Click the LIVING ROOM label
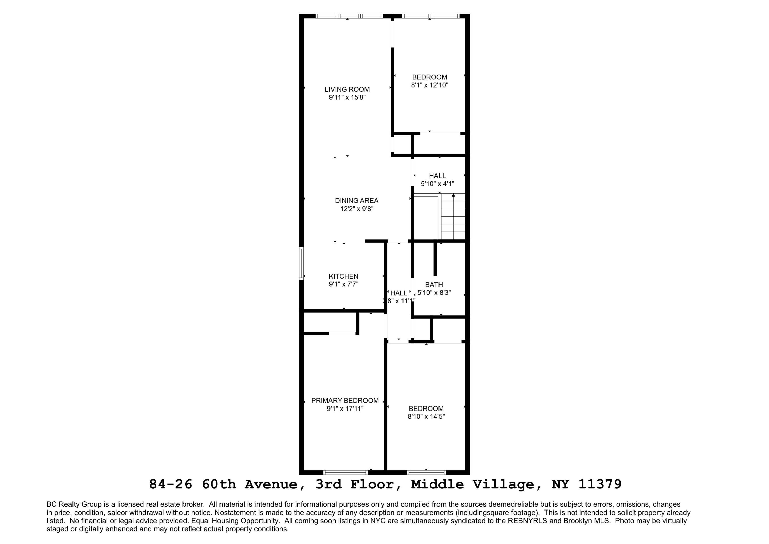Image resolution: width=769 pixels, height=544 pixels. tap(347, 89)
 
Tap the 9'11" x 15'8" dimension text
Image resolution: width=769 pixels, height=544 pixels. tap(347, 97)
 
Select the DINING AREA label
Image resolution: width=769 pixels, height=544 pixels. tap(356, 201)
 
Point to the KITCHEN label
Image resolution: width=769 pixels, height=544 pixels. tap(343, 276)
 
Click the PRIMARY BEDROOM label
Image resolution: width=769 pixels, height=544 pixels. tap(345, 400)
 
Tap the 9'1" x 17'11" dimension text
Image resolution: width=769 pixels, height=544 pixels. tap(345, 409)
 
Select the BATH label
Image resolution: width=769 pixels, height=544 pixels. tap(434, 285)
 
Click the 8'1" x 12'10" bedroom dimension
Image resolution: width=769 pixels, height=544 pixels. tap(429, 85)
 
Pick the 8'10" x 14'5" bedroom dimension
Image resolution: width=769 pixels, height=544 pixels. tap(426, 417)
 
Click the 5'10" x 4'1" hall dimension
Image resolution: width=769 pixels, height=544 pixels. tap(437, 184)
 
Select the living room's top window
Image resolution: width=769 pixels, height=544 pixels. tap(349, 16)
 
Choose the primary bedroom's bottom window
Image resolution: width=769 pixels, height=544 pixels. tap(346, 473)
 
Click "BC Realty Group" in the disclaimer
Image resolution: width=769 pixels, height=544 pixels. tap(74, 504)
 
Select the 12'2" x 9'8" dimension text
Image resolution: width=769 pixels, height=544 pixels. tap(356, 209)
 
